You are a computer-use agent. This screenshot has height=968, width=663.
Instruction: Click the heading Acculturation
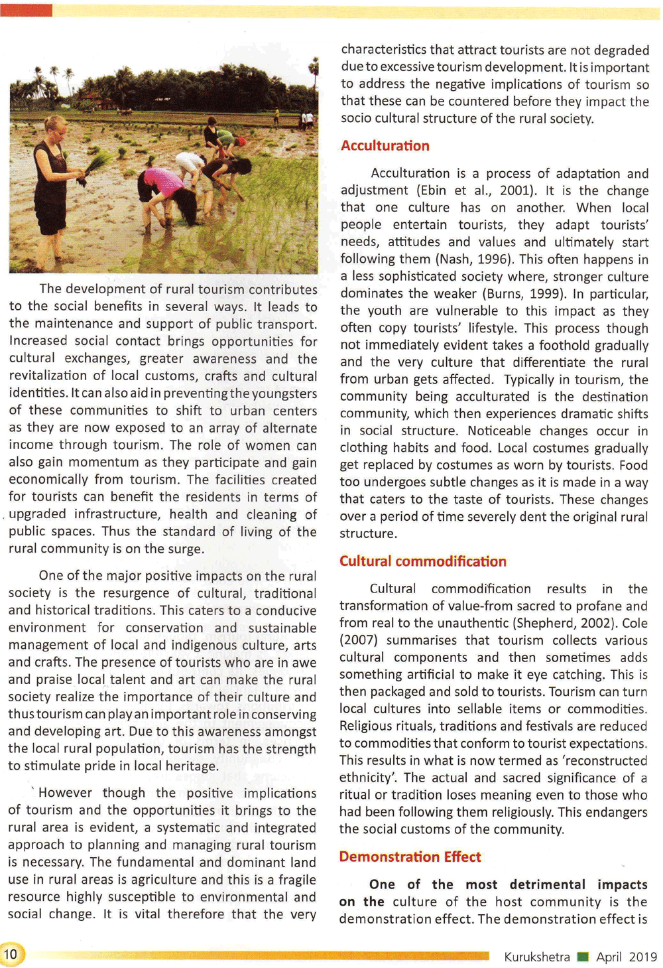(x=385, y=146)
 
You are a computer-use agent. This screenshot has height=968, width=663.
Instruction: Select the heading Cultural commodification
(x=422, y=561)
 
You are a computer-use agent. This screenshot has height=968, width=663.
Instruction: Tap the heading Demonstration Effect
(x=410, y=857)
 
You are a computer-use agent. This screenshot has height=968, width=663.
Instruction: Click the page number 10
(x=11, y=955)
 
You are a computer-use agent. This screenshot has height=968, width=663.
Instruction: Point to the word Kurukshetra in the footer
(x=536, y=957)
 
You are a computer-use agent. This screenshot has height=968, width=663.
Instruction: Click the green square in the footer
(x=583, y=957)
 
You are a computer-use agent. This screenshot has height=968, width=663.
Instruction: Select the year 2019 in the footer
(x=642, y=957)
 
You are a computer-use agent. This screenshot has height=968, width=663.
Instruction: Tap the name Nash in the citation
(x=455, y=259)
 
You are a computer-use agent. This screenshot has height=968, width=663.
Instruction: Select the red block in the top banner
(x=27, y=10)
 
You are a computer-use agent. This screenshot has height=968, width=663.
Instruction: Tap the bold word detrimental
(x=548, y=885)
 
